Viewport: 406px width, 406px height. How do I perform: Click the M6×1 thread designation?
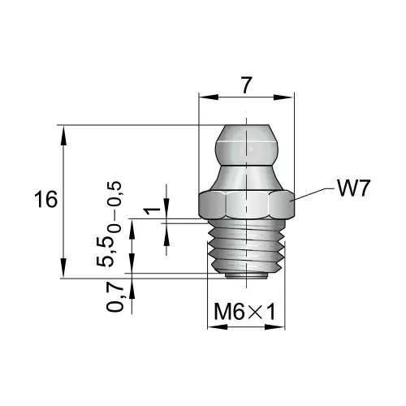pyautogui.click(x=244, y=312)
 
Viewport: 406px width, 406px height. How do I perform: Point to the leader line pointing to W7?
pyautogui.click(x=313, y=192)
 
